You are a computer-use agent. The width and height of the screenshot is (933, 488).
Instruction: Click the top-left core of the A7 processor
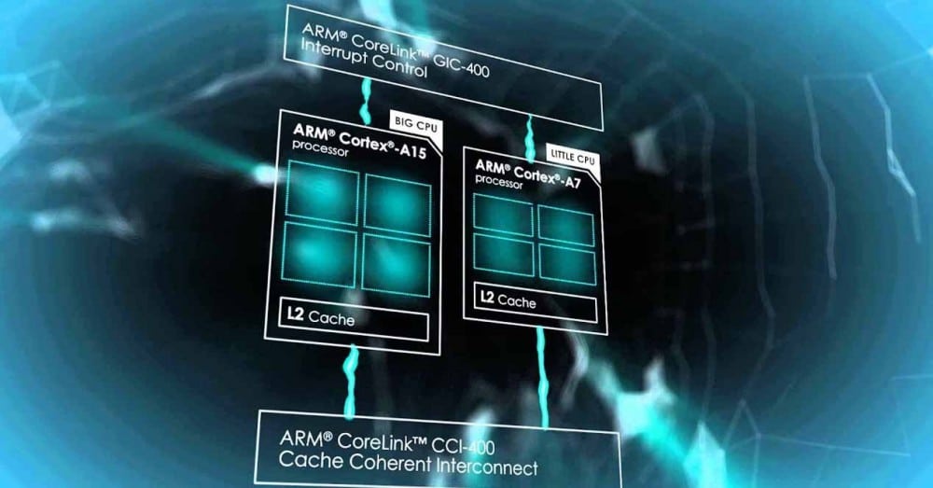pos(503,217)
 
